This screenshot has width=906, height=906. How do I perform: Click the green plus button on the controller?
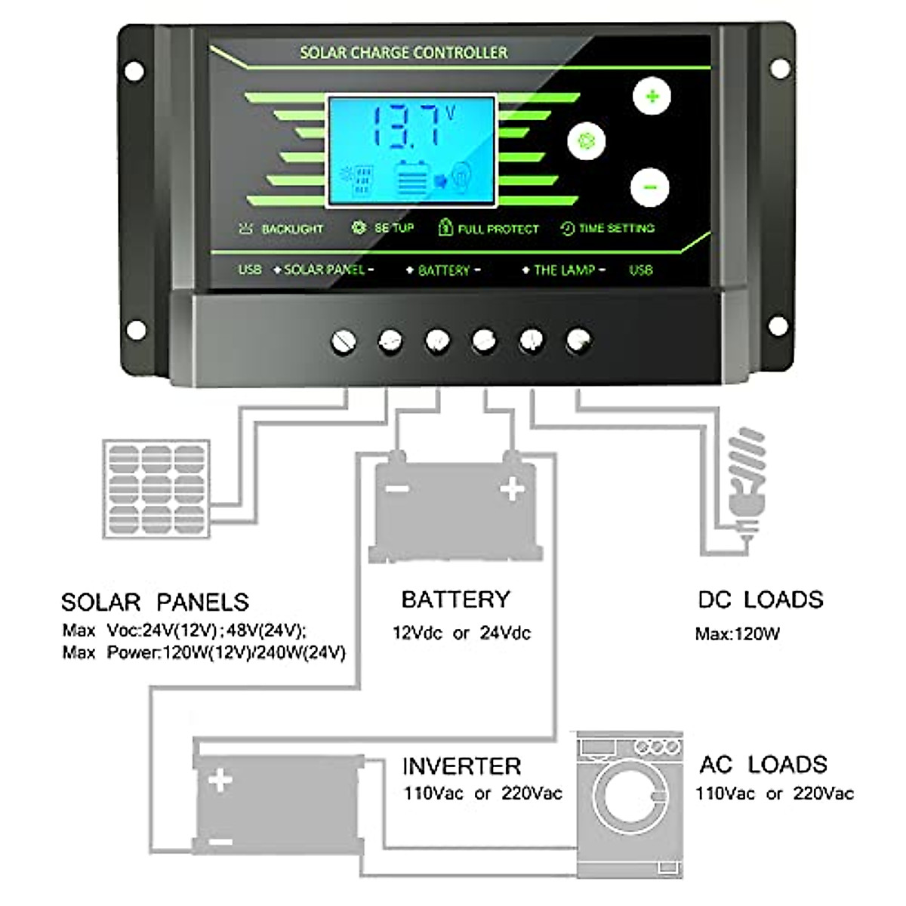point(652,97)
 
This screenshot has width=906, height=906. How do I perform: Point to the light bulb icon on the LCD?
point(461,178)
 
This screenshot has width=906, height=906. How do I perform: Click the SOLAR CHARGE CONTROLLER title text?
point(404,53)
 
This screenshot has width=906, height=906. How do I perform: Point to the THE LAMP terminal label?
point(564,270)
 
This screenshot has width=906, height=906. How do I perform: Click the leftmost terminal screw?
point(344,342)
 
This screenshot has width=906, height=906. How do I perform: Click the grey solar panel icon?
point(156,489)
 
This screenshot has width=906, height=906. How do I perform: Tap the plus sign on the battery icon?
point(513,489)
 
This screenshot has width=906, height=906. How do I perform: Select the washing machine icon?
point(630,804)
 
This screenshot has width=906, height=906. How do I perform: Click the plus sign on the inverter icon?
point(220,779)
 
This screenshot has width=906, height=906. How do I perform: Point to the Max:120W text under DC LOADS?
point(738,634)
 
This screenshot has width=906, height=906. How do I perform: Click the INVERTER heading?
point(461,766)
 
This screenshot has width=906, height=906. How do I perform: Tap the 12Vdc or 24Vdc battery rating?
point(461,633)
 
